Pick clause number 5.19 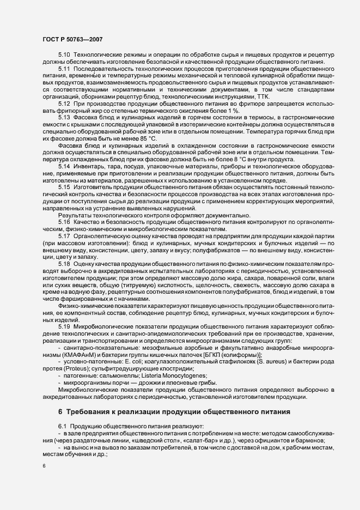tap(64, 326)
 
